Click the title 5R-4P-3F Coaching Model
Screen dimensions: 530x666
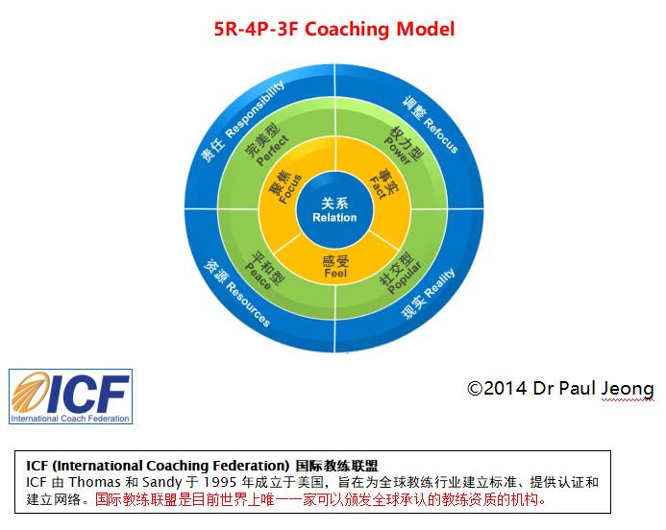click(333, 29)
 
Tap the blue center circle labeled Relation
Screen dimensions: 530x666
click(333, 208)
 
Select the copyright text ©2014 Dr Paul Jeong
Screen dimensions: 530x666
click(560, 389)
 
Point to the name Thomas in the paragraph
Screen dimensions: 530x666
click(83, 481)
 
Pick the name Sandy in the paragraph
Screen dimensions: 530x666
click(149, 481)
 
